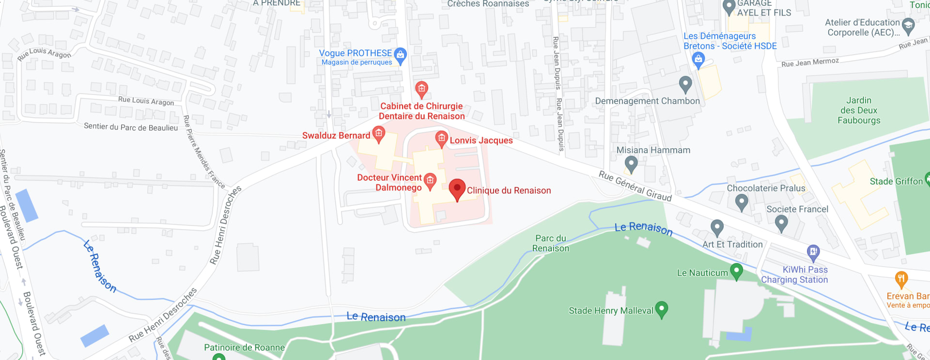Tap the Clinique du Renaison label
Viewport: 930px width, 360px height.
coord(509,190)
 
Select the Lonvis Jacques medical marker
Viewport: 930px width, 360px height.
coord(441,139)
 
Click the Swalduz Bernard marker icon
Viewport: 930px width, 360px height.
coord(379,134)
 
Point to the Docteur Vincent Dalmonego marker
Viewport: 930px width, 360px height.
coord(430,181)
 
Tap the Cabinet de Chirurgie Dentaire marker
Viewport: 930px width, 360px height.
coord(421,89)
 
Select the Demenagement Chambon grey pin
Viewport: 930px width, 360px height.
coord(685,84)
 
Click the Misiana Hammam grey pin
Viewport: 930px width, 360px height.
coord(631,164)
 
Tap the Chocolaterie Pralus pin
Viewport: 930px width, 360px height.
coord(741,201)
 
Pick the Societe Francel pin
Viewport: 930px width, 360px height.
coord(781,222)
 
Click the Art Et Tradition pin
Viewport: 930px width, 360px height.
coord(717,227)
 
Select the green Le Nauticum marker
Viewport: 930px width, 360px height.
coord(736,271)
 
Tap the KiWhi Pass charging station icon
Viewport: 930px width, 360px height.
coord(813,252)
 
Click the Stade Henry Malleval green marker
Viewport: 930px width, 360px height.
coord(661,309)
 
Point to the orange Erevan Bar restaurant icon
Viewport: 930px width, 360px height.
coord(901,279)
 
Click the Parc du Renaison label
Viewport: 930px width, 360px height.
coord(551,243)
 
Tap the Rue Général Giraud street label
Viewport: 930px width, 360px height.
coord(635,186)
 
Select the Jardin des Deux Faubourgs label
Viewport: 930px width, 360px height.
coord(859,110)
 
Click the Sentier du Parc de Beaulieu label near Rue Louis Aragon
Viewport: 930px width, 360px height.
coord(131,127)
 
